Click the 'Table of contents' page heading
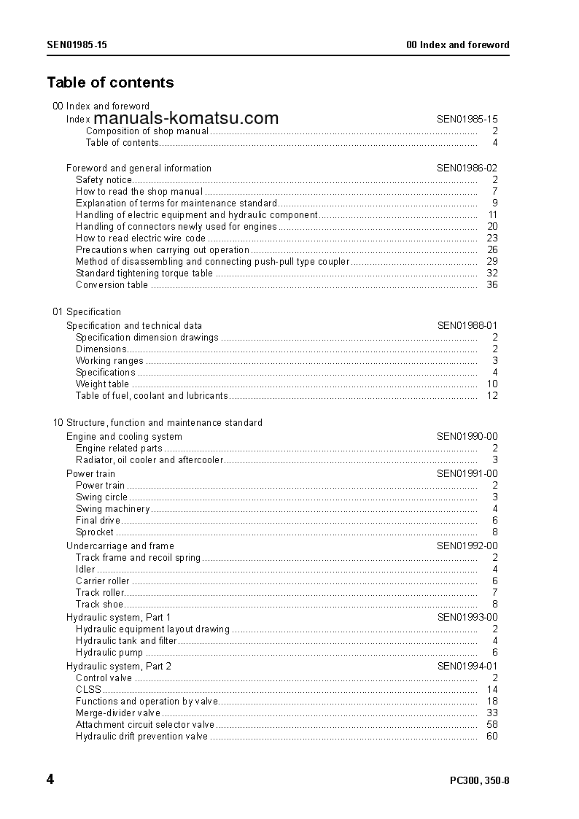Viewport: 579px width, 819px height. click(110, 82)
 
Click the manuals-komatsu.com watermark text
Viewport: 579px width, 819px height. click(187, 118)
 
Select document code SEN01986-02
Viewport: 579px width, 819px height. click(467, 168)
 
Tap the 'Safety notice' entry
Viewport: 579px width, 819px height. click(104, 179)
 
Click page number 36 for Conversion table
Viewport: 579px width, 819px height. click(491, 285)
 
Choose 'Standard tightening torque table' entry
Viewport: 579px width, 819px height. click(144, 273)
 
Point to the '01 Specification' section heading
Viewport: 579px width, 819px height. click(87, 311)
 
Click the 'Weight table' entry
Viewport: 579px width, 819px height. click(102, 384)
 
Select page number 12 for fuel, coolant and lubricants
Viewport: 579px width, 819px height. click(491, 396)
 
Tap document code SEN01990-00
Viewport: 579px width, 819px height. click(467, 437)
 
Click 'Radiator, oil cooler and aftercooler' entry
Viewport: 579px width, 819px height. click(149, 460)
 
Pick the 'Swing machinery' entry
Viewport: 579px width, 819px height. click(112, 509)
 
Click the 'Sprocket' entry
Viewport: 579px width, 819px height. click(95, 532)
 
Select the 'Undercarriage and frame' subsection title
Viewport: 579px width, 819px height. click(120, 546)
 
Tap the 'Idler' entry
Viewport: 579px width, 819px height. click(85, 570)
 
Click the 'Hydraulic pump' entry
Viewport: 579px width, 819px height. click(109, 653)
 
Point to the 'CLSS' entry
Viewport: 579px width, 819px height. click(88, 690)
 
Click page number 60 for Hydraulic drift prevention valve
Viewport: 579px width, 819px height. click(491, 737)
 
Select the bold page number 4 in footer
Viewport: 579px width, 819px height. click(50, 780)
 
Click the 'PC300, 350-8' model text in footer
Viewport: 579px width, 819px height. click(479, 781)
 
